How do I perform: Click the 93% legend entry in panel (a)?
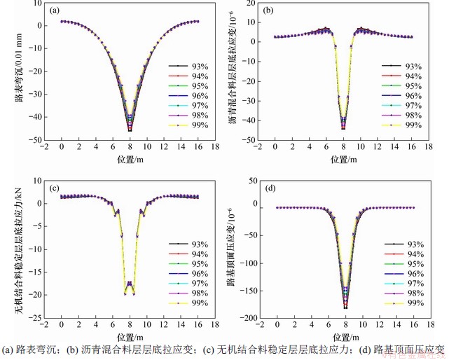[x=198, y=65]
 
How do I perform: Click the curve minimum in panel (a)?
[x=130, y=130]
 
